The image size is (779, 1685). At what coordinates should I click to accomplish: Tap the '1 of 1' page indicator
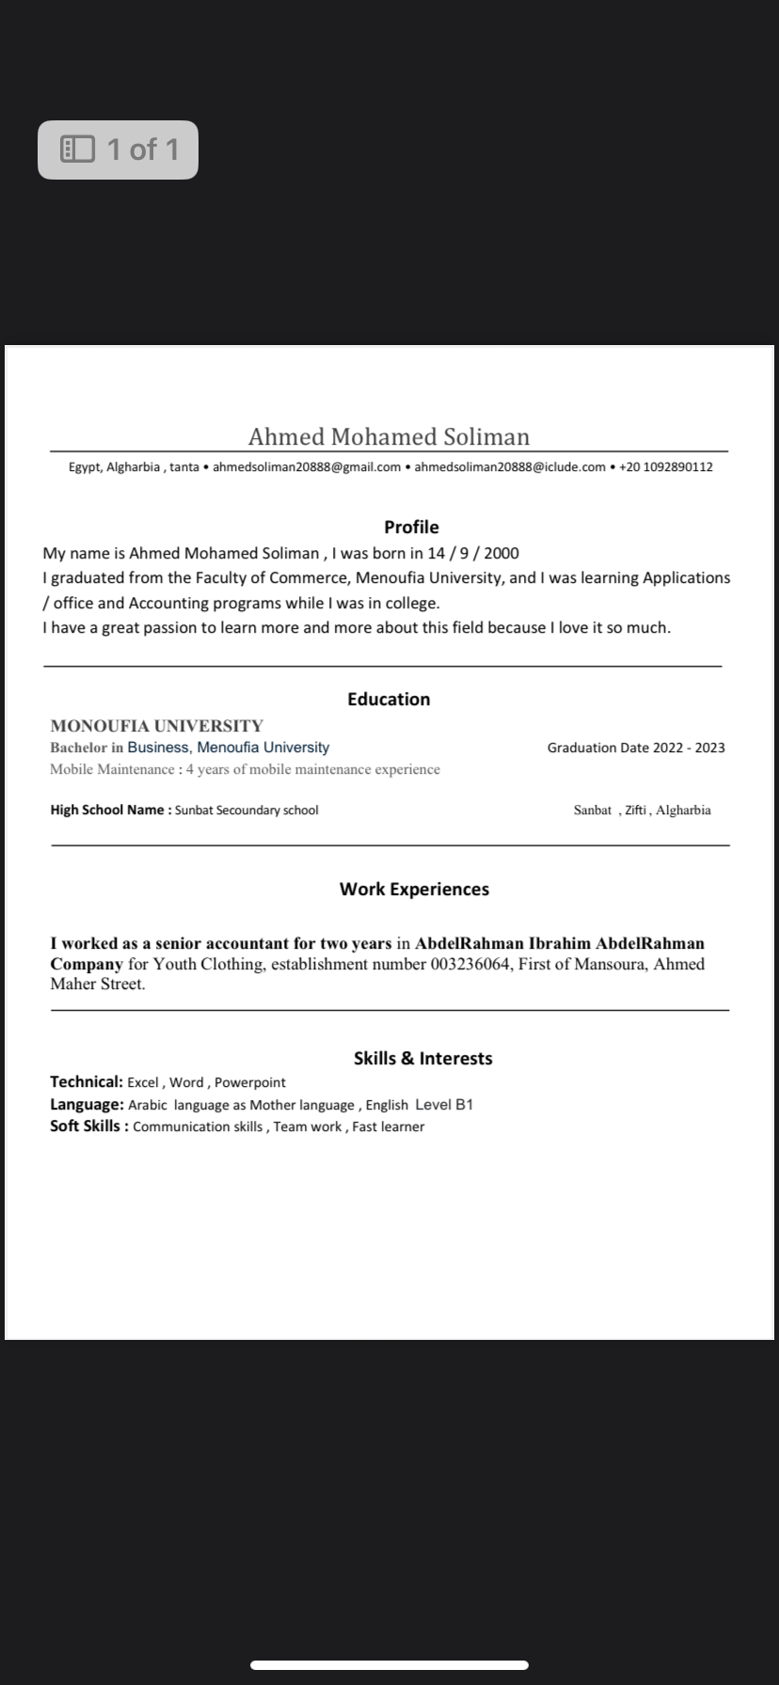pyautogui.click(x=119, y=150)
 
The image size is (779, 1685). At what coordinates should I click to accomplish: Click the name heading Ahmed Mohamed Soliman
pyautogui.click(x=389, y=437)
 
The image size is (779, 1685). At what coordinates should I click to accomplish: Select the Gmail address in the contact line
pyautogui.click(x=307, y=467)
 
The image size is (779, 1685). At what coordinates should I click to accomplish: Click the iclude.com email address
pyautogui.click(x=510, y=467)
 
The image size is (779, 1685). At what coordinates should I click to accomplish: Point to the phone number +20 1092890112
pyautogui.click(x=665, y=467)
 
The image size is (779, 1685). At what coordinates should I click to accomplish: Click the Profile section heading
pyautogui.click(x=411, y=528)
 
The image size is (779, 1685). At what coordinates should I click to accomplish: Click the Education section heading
pyautogui.click(x=389, y=700)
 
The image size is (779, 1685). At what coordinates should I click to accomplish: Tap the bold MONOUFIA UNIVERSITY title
pyautogui.click(x=156, y=726)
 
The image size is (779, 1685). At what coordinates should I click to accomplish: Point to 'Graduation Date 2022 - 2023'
pyautogui.click(x=636, y=748)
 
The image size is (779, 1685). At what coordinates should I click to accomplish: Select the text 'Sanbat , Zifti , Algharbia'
pyautogui.click(x=642, y=811)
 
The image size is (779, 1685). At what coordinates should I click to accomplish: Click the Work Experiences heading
pyautogui.click(x=414, y=890)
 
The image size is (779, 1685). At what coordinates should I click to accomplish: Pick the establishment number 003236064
pyautogui.click(x=471, y=964)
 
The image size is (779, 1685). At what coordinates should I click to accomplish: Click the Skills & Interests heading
pyautogui.click(x=422, y=1059)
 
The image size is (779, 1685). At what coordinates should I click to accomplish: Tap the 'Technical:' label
pyautogui.click(x=87, y=1082)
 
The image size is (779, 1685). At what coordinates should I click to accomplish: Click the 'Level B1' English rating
pyautogui.click(x=444, y=1105)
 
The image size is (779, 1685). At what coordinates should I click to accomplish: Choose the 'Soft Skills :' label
pyautogui.click(x=88, y=1126)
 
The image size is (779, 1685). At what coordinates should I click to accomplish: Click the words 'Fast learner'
pyautogui.click(x=389, y=1127)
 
